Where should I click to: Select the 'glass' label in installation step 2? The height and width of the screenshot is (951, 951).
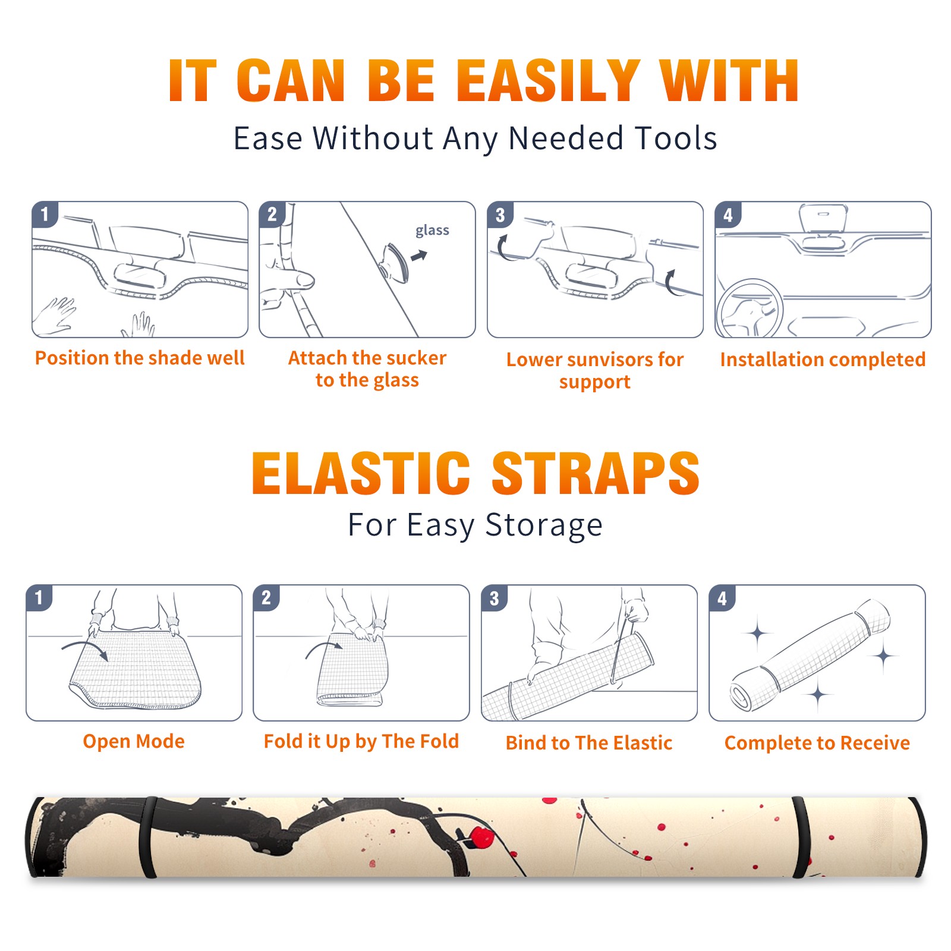point(432,231)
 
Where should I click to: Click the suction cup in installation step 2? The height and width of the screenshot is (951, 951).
point(396,262)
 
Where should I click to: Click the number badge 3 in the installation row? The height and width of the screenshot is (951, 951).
point(500,215)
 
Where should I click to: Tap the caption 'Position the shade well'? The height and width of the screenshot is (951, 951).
point(140,358)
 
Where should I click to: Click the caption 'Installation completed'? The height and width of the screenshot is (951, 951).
point(823,359)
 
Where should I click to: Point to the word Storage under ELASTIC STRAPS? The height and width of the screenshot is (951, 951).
point(544,525)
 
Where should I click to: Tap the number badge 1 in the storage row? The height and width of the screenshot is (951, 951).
point(39,597)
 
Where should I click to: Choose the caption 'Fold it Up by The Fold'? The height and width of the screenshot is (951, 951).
point(361,741)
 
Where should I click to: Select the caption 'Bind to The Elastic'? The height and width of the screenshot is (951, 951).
point(589,742)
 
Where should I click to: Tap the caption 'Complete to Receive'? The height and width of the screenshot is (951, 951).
point(817,743)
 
